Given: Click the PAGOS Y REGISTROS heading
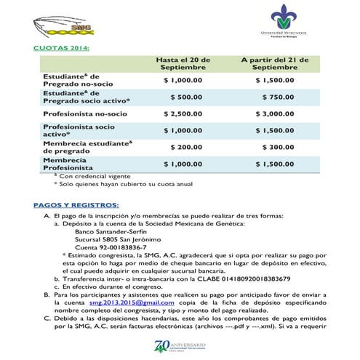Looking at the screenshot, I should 76,204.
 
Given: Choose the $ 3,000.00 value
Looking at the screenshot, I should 274,114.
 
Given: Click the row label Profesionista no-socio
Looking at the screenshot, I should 84,114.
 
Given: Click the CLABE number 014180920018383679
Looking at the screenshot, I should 252,279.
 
